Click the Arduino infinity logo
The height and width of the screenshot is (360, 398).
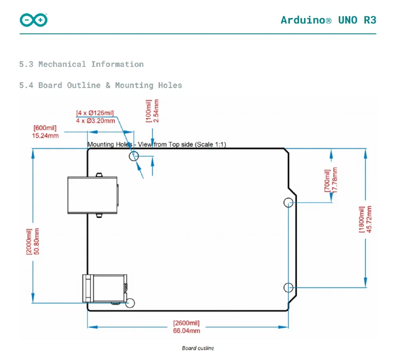(33, 20)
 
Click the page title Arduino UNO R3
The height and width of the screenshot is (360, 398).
(328, 20)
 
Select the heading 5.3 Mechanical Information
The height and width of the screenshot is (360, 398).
(81, 64)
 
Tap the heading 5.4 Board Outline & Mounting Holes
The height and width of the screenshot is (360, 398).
(100, 85)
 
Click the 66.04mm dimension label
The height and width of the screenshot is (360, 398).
(186, 331)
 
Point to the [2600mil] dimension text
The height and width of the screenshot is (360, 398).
(186, 323)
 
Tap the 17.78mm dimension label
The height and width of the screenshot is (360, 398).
(335, 180)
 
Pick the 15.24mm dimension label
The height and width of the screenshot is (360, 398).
(45, 135)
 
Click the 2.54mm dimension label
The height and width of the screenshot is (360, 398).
(156, 111)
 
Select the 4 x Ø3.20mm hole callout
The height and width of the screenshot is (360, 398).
(95, 121)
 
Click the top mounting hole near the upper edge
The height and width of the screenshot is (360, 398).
(134, 156)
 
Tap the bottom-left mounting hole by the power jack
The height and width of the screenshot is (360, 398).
(130, 303)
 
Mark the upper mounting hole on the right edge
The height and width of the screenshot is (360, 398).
(289, 202)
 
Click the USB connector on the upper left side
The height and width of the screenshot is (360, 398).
(92, 195)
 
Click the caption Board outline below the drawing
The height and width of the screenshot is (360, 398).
(198, 348)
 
